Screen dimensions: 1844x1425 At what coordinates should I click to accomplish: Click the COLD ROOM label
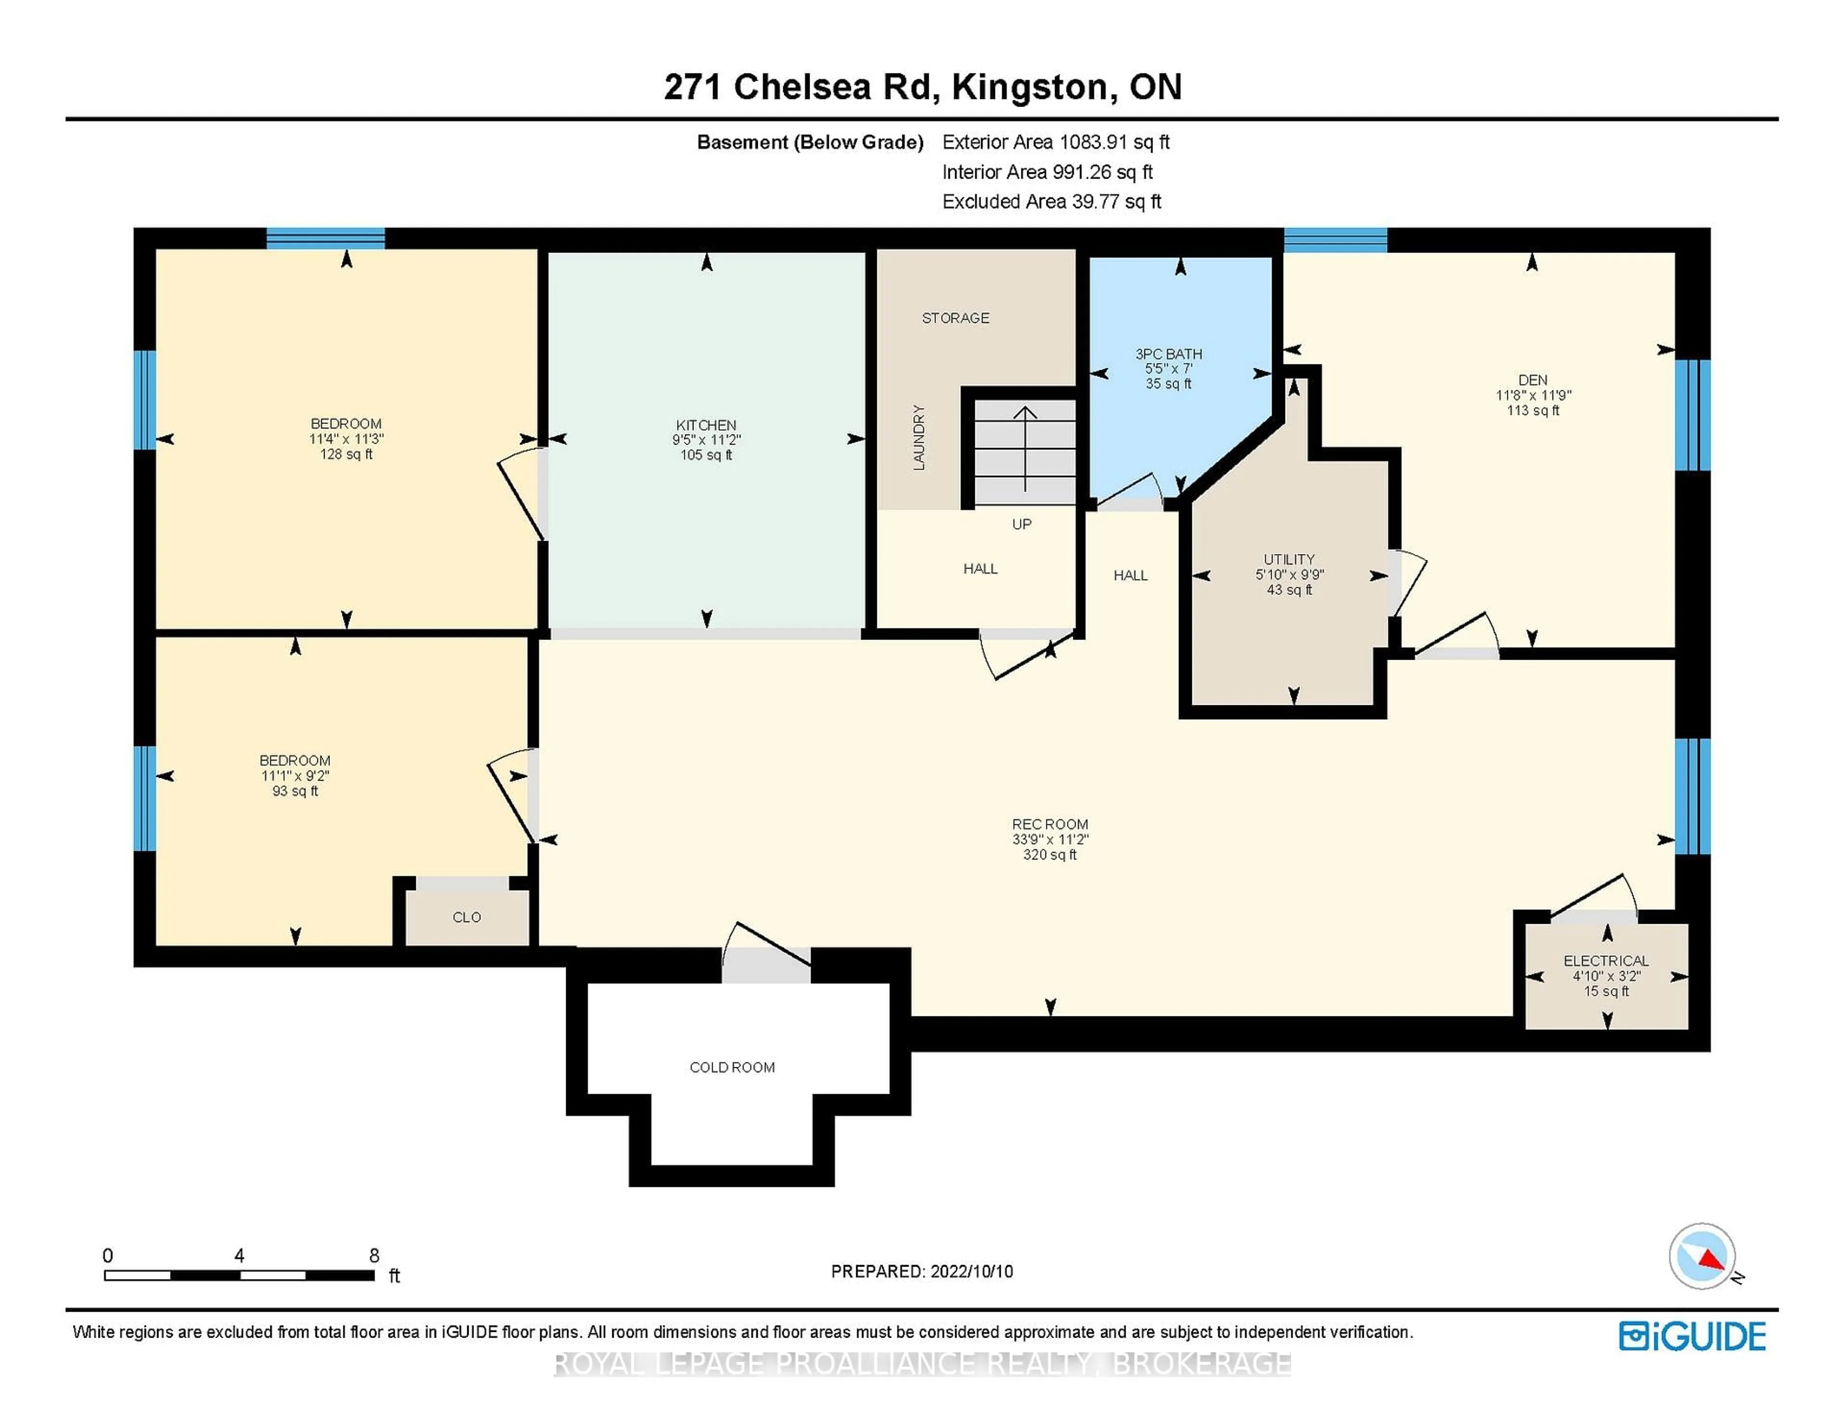click(x=732, y=1067)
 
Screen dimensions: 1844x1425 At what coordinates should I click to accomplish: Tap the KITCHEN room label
click(x=706, y=424)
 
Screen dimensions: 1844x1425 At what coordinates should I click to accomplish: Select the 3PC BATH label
click(x=1168, y=354)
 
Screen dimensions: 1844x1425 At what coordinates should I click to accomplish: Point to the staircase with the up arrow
click(x=1025, y=452)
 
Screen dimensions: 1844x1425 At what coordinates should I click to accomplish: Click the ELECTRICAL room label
click(x=1606, y=961)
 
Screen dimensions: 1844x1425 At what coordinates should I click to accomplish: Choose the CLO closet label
click(x=467, y=917)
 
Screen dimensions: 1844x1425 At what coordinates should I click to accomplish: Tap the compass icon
click(x=1702, y=1256)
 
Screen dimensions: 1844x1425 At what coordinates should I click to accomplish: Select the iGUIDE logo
click(x=1692, y=1336)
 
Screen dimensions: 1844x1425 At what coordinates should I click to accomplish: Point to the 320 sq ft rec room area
click(x=1049, y=854)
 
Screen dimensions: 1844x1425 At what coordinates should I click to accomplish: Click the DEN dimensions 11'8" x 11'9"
click(x=1533, y=395)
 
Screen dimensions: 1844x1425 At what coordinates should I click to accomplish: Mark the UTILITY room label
click(x=1289, y=559)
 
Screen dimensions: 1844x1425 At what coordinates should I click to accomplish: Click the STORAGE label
click(x=956, y=317)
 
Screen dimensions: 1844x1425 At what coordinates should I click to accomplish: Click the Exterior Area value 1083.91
click(x=1093, y=142)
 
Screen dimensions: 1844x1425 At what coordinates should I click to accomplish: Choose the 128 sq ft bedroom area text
click(x=346, y=454)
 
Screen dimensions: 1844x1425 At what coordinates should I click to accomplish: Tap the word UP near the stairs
click(x=1021, y=524)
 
